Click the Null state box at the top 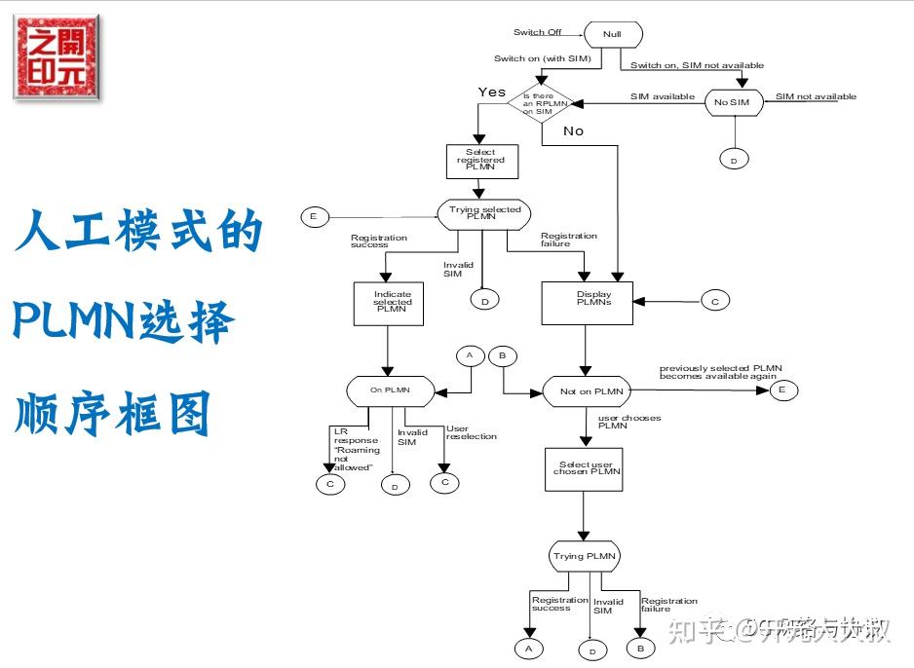pyautogui.click(x=612, y=34)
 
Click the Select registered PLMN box pyautogui.click(x=480, y=161)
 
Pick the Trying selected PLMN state pyautogui.click(x=484, y=214)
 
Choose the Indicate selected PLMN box pyautogui.click(x=388, y=302)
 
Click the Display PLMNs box pyautogui.click(x=587, y=302)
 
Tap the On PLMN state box pyautogui.click(x=390, y=390)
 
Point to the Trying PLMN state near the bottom pyautogui.click(x=583, y=557)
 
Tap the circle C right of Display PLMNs pyautogui.click(x=714, y=302)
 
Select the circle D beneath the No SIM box pyautogui.click(x=733, y=158)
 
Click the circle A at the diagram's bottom pyautogui.click(x=528, y=649)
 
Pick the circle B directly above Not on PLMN pyautogui.click(x=503, y=355)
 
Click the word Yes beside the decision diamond pyautogui.click(x=492, y=92)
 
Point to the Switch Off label pyautogui.click(x=537, y=33)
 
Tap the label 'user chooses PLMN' pyautogui.click(x=628, y=422)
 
